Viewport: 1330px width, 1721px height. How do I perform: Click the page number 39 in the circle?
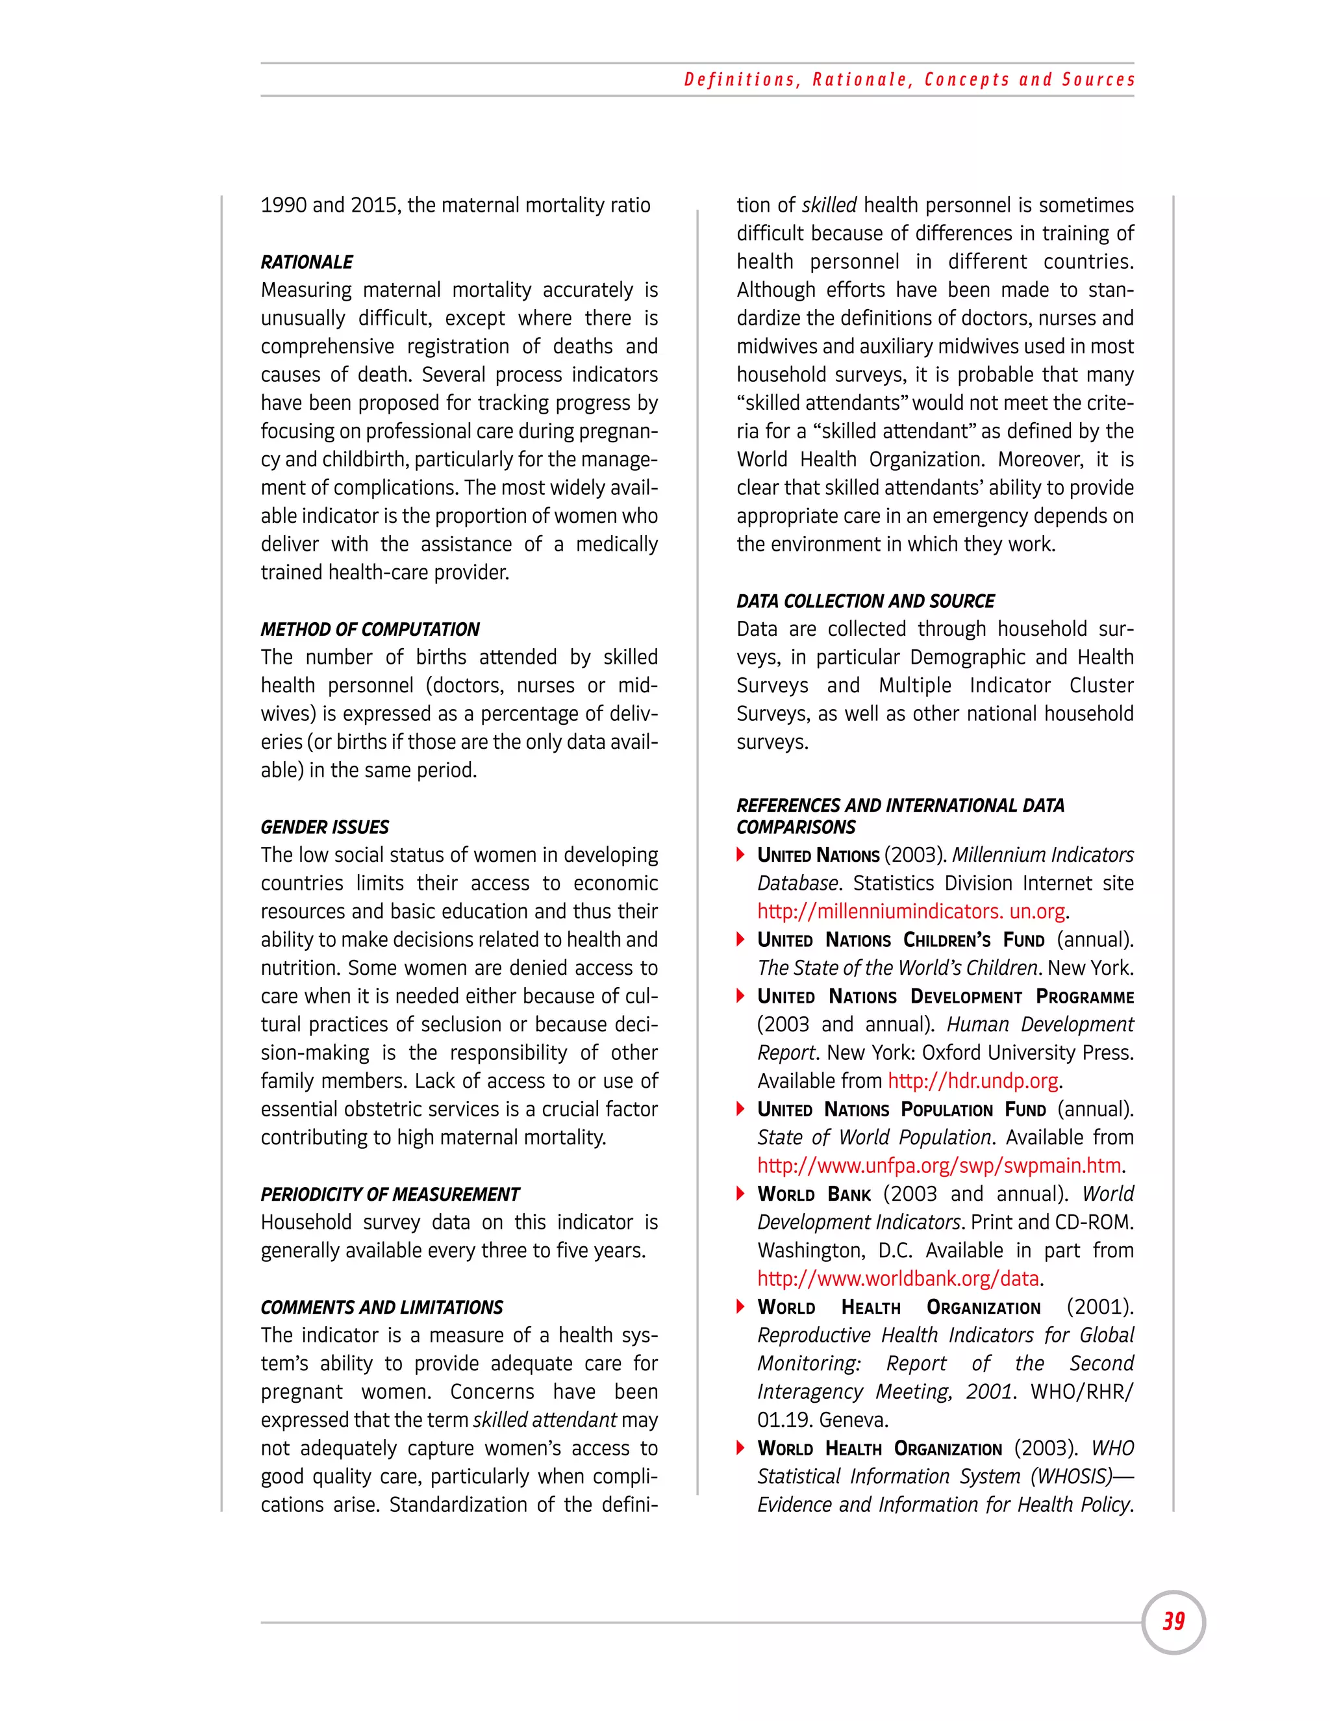[1173, 1621]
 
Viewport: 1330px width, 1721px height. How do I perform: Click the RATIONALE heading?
[307, 262]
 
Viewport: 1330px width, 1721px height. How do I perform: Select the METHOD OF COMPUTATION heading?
[370, 629]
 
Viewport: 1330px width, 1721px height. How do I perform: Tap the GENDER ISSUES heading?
[325, 827]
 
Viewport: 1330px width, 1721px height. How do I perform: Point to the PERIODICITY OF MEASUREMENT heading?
[390, 1194]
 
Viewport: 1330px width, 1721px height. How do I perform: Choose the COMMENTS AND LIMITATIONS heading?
[381, 1307]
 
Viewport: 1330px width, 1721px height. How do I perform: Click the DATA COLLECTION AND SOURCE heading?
[865, 601]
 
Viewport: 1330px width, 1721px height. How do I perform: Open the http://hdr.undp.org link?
[973, 1081]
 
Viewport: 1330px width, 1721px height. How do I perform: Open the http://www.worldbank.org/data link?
[898, 1278]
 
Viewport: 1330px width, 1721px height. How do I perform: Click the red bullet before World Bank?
[740, 1193]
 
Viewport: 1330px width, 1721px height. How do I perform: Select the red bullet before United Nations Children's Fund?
[740, 939]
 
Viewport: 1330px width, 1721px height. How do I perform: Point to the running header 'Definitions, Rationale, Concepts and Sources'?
[909, 80]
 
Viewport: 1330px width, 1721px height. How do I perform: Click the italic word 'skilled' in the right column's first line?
[829, 205]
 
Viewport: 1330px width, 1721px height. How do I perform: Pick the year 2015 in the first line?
[373, 205]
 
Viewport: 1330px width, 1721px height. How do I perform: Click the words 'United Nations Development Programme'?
[945, 996]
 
